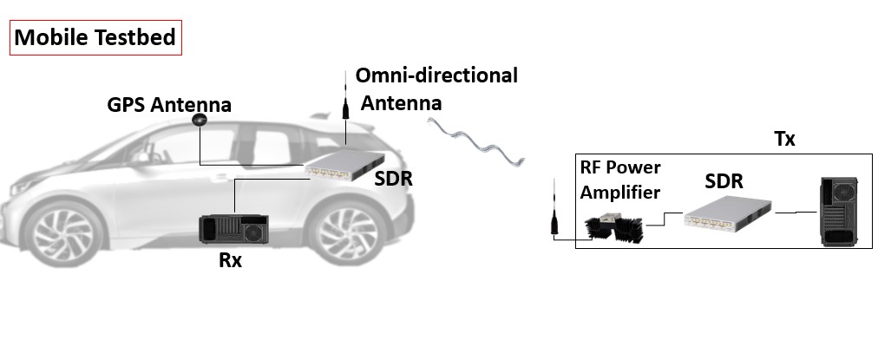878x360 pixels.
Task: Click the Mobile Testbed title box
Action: (x=95, y=38)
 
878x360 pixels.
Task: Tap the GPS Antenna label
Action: (x=169, y=106)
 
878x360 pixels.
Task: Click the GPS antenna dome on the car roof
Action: (x=200, y=120)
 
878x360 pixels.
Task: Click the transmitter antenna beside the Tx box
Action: (x=553, y=207)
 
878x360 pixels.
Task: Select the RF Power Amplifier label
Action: (x=620, y=179)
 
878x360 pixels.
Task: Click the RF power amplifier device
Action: (x=618, y=227)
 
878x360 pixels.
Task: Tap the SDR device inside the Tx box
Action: (x=727, y=213)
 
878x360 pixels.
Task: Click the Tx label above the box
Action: (x=784, y=140)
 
